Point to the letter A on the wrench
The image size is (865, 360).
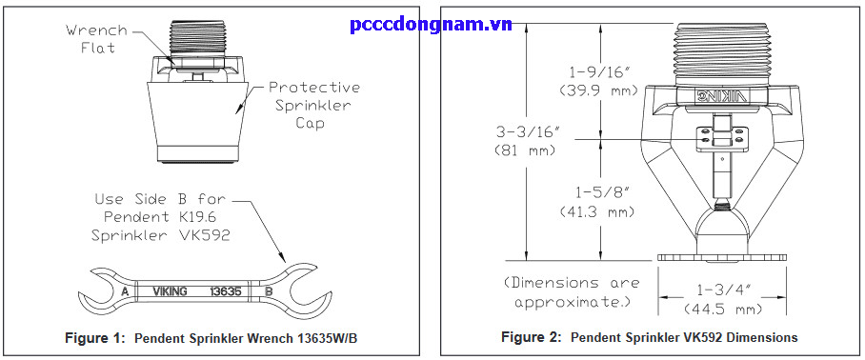click(x=124, y=291)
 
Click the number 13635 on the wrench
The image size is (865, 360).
click(x=227, y=291)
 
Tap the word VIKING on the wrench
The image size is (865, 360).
click(x=170, y=291)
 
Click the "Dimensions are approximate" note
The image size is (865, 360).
click(x=572, y=292)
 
